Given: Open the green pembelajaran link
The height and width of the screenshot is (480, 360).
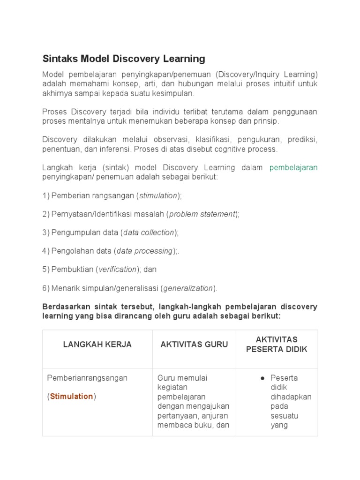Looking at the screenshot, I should pos(293,167).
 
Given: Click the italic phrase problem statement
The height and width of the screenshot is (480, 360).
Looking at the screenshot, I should pos(202,214).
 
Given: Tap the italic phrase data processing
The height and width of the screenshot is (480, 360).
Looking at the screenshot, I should pos(144,251).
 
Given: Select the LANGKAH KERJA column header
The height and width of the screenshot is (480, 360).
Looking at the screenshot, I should pos(97,345).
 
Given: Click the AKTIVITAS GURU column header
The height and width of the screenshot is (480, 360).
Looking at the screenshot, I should pos(194,345).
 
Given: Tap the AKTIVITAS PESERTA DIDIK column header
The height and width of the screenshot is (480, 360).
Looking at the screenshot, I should pos(277,345).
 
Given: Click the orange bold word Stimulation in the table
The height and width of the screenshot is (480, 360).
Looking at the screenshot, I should pos(71,397).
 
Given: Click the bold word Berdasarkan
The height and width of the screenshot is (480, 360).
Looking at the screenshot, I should pos(65,307).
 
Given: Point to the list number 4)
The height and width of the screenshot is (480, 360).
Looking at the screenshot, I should pos(46,251).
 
